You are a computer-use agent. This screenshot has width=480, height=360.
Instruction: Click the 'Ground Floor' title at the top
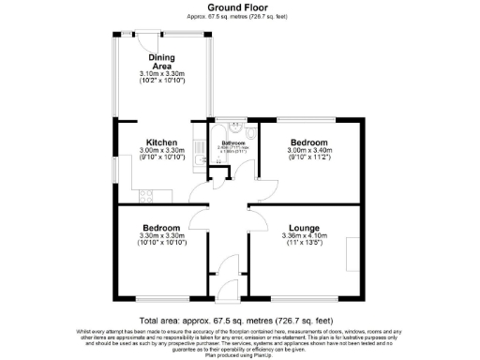239,7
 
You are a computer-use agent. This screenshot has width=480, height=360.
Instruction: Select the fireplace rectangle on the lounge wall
351,252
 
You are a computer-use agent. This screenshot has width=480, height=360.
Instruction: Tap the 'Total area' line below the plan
239,319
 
